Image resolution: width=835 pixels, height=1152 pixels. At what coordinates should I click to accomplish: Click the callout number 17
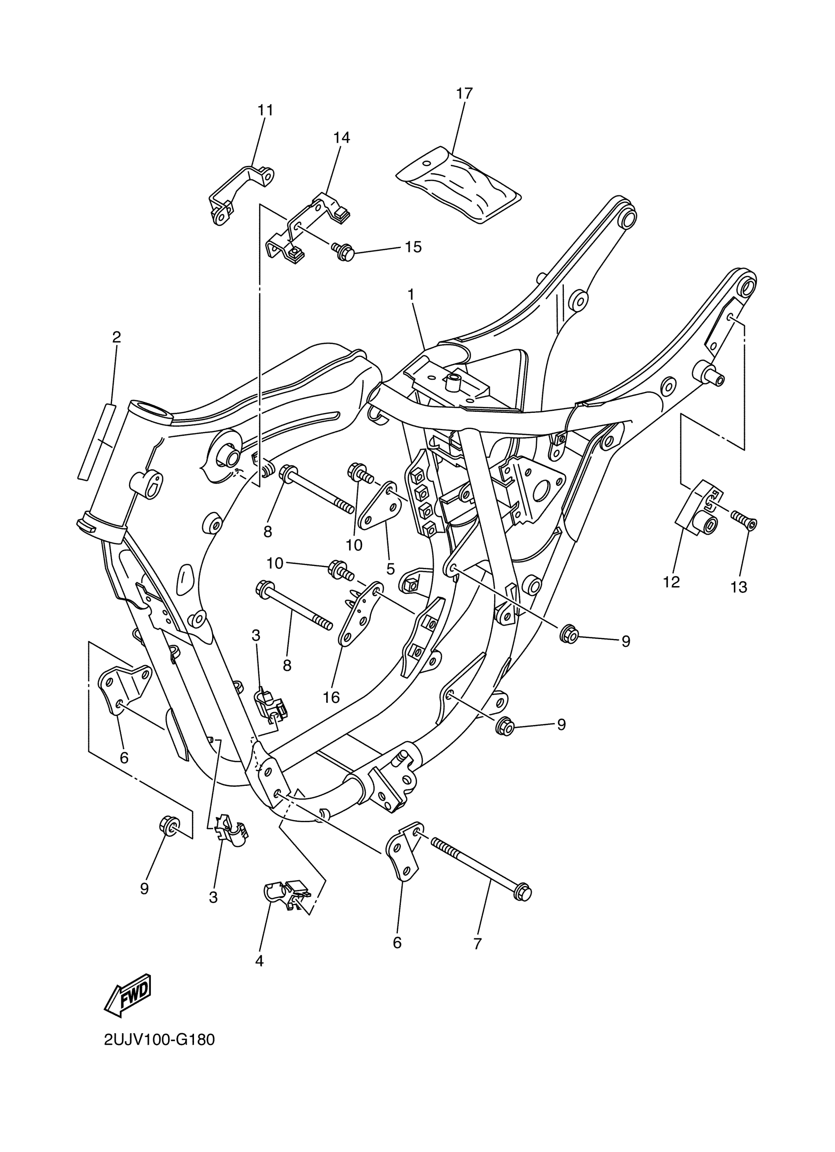(464, 93)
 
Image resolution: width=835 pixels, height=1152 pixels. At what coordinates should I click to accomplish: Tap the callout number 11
(265, 110)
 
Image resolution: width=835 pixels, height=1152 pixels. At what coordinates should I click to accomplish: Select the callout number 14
(341, 137)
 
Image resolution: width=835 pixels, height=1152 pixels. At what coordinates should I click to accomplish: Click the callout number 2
(116, 337)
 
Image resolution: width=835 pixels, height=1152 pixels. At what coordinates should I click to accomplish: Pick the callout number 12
(671, 582)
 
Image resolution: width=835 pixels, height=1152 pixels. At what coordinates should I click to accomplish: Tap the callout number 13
(739, 587)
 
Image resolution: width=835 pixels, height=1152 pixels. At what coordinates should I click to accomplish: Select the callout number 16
(331, 697)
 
